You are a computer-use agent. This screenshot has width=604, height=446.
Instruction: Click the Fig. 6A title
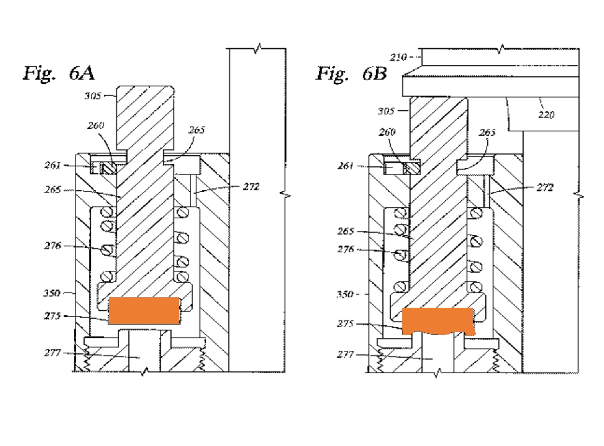pos(59,73)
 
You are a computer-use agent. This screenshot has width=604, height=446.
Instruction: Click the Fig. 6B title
pos(352,74)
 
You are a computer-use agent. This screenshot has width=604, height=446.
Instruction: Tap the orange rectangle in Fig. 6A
pos(144,311)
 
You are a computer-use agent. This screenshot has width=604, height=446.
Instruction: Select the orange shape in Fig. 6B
pos(438,320)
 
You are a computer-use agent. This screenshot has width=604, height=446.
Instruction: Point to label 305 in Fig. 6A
pos(93,96)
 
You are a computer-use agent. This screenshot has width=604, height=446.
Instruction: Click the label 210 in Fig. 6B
pos(398,57)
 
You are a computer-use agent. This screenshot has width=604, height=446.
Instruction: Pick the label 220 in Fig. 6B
pos(546,115)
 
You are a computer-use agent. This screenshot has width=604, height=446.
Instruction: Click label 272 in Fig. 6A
pos(251,187)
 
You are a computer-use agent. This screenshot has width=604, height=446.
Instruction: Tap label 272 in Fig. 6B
pos(545,187)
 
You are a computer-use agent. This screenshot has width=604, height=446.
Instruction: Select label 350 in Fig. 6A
pos(52,293)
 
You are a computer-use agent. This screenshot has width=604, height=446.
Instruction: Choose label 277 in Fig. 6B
pos(345,354)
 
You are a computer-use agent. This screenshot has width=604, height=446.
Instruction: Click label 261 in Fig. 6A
pos(52,165)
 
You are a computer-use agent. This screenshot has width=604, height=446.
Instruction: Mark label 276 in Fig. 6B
pos(345,249)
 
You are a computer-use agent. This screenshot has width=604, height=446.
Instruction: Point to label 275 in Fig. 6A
pos(52,316)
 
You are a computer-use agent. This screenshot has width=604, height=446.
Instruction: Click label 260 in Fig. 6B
pos(387,132)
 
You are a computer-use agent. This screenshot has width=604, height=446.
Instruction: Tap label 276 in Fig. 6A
pos(52,246)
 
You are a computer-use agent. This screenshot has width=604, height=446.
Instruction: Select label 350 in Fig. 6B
pos(345,294)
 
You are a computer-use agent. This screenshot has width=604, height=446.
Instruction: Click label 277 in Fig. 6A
pos(52,353)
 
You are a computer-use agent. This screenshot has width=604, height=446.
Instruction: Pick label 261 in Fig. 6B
pos(345,166)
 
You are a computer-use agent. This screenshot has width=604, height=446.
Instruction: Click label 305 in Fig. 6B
pos(386,110)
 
